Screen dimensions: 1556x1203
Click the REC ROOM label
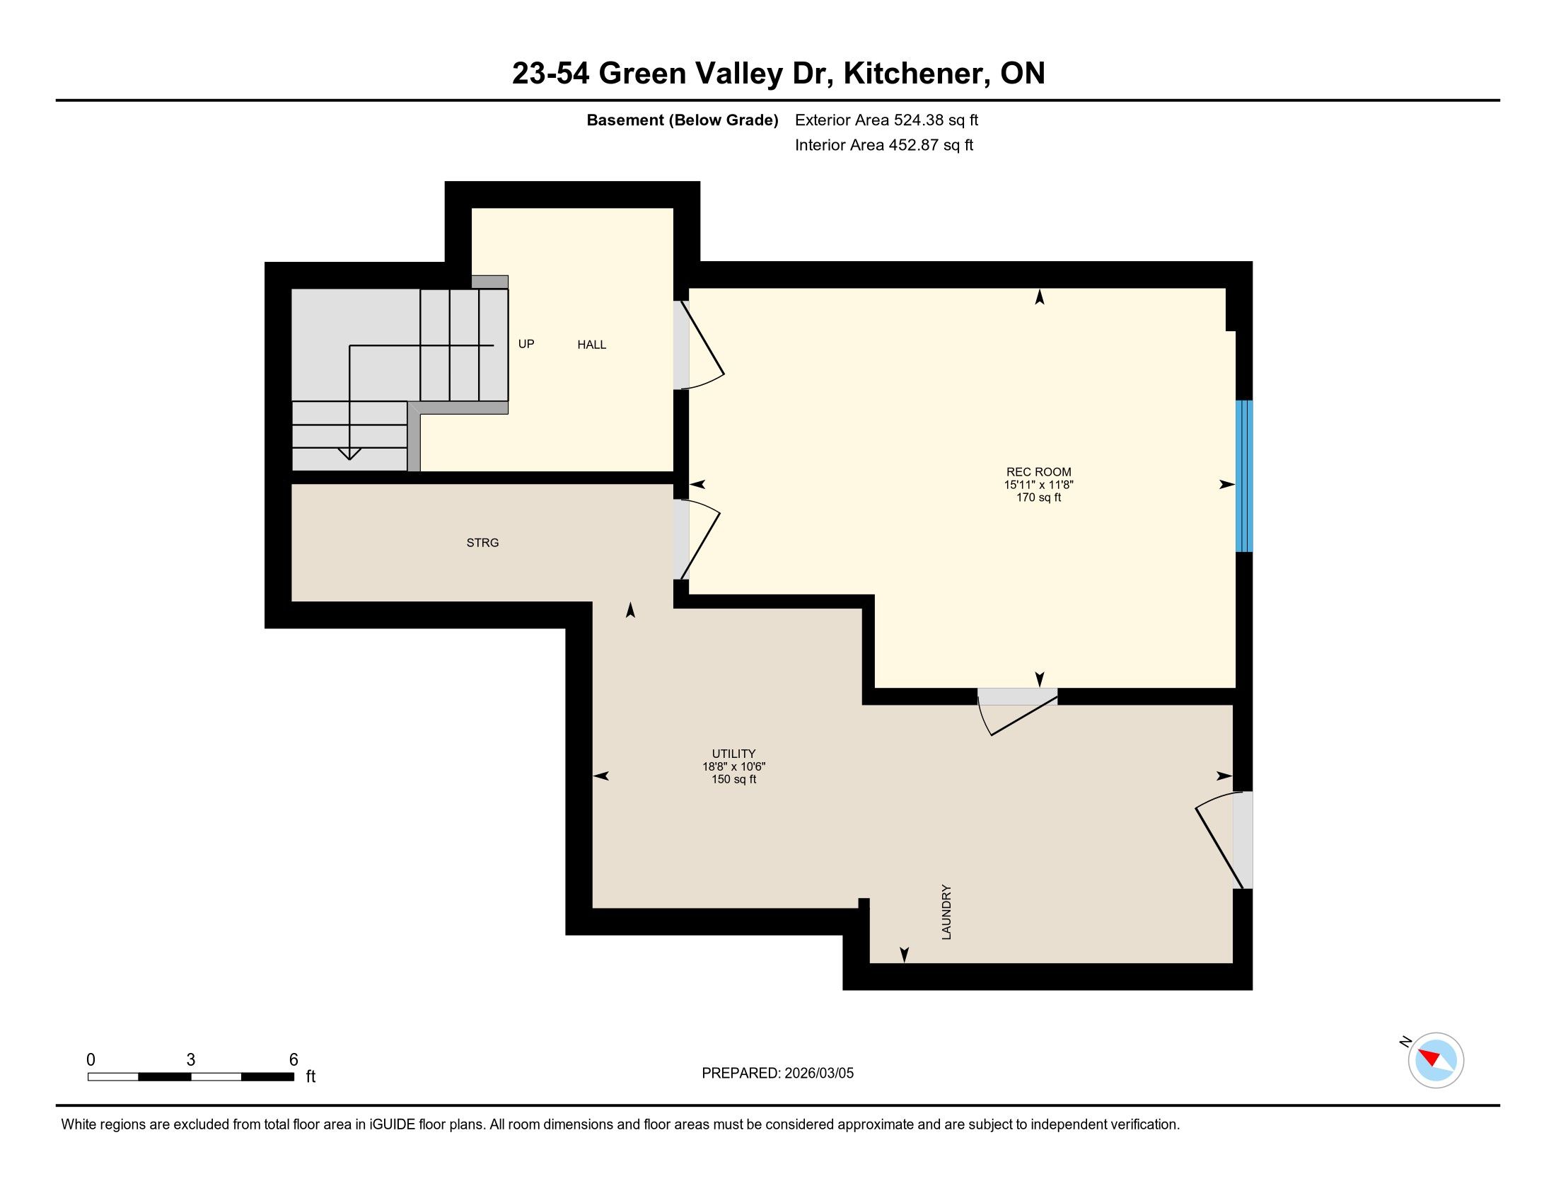[1038, 472]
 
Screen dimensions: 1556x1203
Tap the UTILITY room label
[733, 754]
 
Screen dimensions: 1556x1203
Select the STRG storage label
[482, 543]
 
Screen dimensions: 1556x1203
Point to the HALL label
[591, 345]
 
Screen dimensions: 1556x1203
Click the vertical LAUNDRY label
[946, 912]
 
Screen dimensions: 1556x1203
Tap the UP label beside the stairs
[526, 344]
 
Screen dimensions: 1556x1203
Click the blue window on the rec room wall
[1244, 476]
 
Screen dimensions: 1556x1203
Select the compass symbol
[1435, 1060]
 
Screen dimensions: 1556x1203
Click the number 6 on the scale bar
[294, 1060]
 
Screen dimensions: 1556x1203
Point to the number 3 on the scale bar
[191, 1060]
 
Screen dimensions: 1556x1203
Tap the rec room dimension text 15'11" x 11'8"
[1038, 485]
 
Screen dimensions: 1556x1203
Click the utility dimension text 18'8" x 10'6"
[733, 767]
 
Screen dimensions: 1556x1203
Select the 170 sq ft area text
[1038, 497]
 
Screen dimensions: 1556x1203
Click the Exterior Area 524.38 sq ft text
[886, 120]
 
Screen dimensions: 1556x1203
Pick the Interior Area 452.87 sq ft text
[883, 145]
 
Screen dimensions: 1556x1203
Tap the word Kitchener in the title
[916, 74]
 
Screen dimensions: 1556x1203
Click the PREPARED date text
[777, 1074]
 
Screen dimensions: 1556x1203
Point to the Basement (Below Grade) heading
[682, 120]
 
